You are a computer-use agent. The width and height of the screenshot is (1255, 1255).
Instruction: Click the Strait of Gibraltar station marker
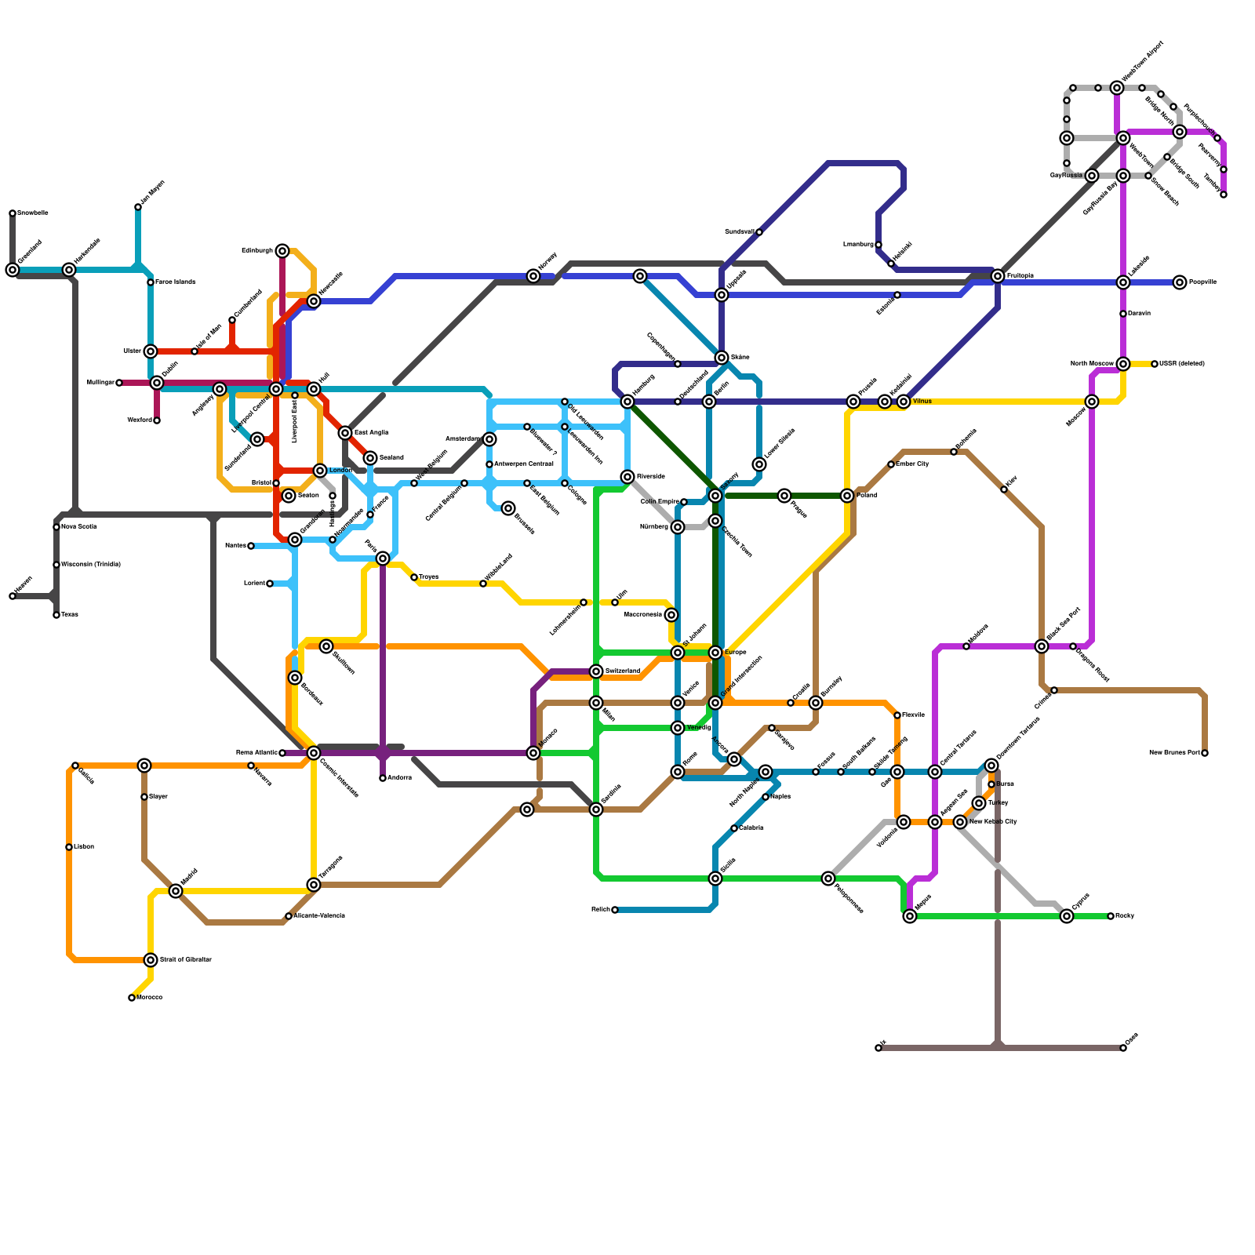pyautogui.click(x=151, y=960)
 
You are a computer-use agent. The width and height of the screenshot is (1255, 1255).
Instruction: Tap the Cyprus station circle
pyautogui.click(x=1067, y=916)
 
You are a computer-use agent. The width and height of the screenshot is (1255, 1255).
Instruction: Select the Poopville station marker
pyautogui.click(x=1180, y=282)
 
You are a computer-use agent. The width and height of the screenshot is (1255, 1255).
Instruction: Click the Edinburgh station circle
pyautogui.click(x=282, y=251)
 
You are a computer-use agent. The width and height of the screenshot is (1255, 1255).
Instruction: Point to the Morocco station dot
pyautogui.click(x=132, y=998)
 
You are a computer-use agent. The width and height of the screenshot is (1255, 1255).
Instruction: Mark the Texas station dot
pyautogui.click(x=56, y=615)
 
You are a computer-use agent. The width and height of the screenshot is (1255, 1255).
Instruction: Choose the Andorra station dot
pyautogui.click(x=383, y=778)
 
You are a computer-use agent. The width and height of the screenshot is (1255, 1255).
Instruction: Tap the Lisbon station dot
pyautogui.click(x=69, y=847)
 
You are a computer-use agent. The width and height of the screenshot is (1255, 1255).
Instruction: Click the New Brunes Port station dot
pyautogui.click(x=1205, y=753)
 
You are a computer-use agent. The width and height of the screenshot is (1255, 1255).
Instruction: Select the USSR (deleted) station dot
pyautogui.click(x=1155, y=364)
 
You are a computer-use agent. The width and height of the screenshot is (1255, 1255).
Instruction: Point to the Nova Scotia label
pyautogui.click(x=79, y=527)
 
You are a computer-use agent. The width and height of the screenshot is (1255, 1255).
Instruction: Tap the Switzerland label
pyautogui.click(x=623, y=671)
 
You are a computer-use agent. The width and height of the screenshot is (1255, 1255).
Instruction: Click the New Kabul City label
pyautogui.click(x=993, y=822)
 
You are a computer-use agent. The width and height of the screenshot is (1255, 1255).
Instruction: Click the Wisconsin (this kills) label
pyautogui.click(x=91, y=565)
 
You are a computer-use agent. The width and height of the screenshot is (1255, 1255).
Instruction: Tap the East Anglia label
pyautogui.click(x=371, y=433)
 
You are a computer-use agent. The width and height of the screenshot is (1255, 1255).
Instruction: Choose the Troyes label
pyautogui.click(x=428, y=577)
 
